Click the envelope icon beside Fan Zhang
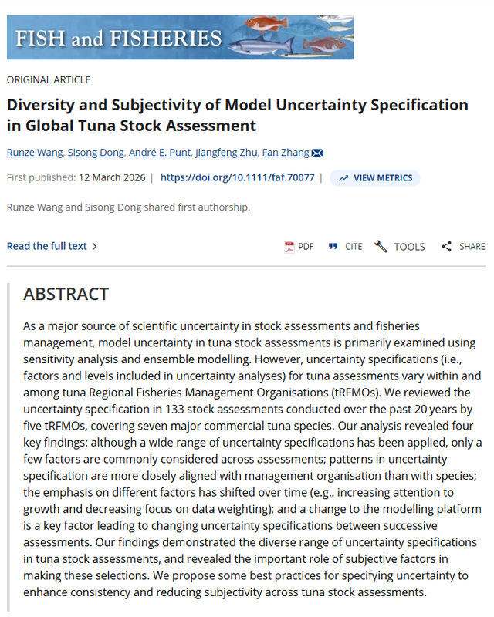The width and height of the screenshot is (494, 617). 317,152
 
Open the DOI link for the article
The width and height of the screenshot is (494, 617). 237,177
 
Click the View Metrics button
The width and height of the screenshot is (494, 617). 374,177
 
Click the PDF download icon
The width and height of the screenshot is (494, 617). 289,247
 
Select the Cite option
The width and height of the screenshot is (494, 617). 333,247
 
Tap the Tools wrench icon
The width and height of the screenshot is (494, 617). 381,247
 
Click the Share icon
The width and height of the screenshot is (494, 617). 446,247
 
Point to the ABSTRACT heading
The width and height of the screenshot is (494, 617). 66,294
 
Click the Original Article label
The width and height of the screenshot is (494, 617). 49,79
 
